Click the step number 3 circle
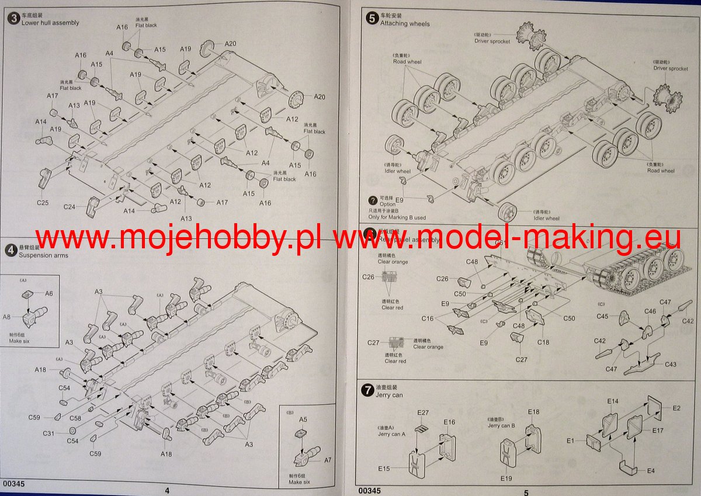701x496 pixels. [12, 18]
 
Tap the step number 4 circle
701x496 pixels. [10, 250]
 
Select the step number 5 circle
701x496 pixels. [372, 18]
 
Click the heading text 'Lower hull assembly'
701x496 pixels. [50, 23]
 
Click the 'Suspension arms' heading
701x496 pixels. [43, 255]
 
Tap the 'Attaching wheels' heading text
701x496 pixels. [405, 24]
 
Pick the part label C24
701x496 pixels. [70, 206]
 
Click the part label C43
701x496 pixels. [671, 365]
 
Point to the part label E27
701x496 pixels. [423, 412]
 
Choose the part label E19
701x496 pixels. [506, 478]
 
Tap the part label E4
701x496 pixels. [651, 470]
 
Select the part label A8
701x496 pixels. [7, 317]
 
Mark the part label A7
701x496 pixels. [327, 460]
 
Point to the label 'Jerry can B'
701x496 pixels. [501, 425]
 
